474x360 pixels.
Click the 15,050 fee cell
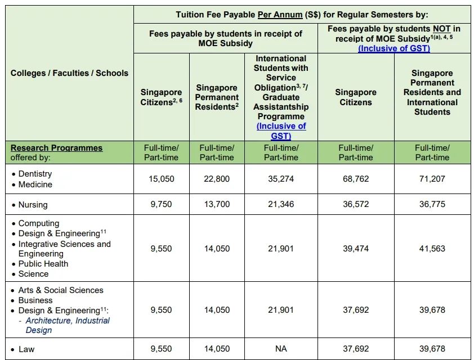click(x=162, y=179)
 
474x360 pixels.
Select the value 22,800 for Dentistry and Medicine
click(x=217, y=179)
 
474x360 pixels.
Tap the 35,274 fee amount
click(x=281, y=179)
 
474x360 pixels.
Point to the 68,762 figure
click(x=356, y=179)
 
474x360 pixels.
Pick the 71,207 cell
click(x=432, y=179)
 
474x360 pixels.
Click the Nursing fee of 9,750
click(x=162, y=204)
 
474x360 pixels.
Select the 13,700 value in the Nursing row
click(x=217, y=204)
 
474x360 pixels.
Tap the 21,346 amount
click(x=281, y=204)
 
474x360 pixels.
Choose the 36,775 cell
click(x=432, y=204)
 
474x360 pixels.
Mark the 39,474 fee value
click(x=356, y=249)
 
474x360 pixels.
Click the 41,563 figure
click(x=432, y=249)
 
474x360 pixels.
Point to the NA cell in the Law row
click(x=281, y=349)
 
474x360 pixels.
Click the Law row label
click(x=26, y=349)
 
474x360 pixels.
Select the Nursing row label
click(x=33, y=205)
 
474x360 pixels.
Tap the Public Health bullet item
click(x=43, y=264)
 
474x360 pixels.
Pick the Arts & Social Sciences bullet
click(x=61, y=290)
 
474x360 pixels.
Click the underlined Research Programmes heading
click(x=56, y=148)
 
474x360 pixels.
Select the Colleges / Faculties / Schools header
click(x=69, y=73)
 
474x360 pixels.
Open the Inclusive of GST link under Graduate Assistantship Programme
click(x=281, y=131)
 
